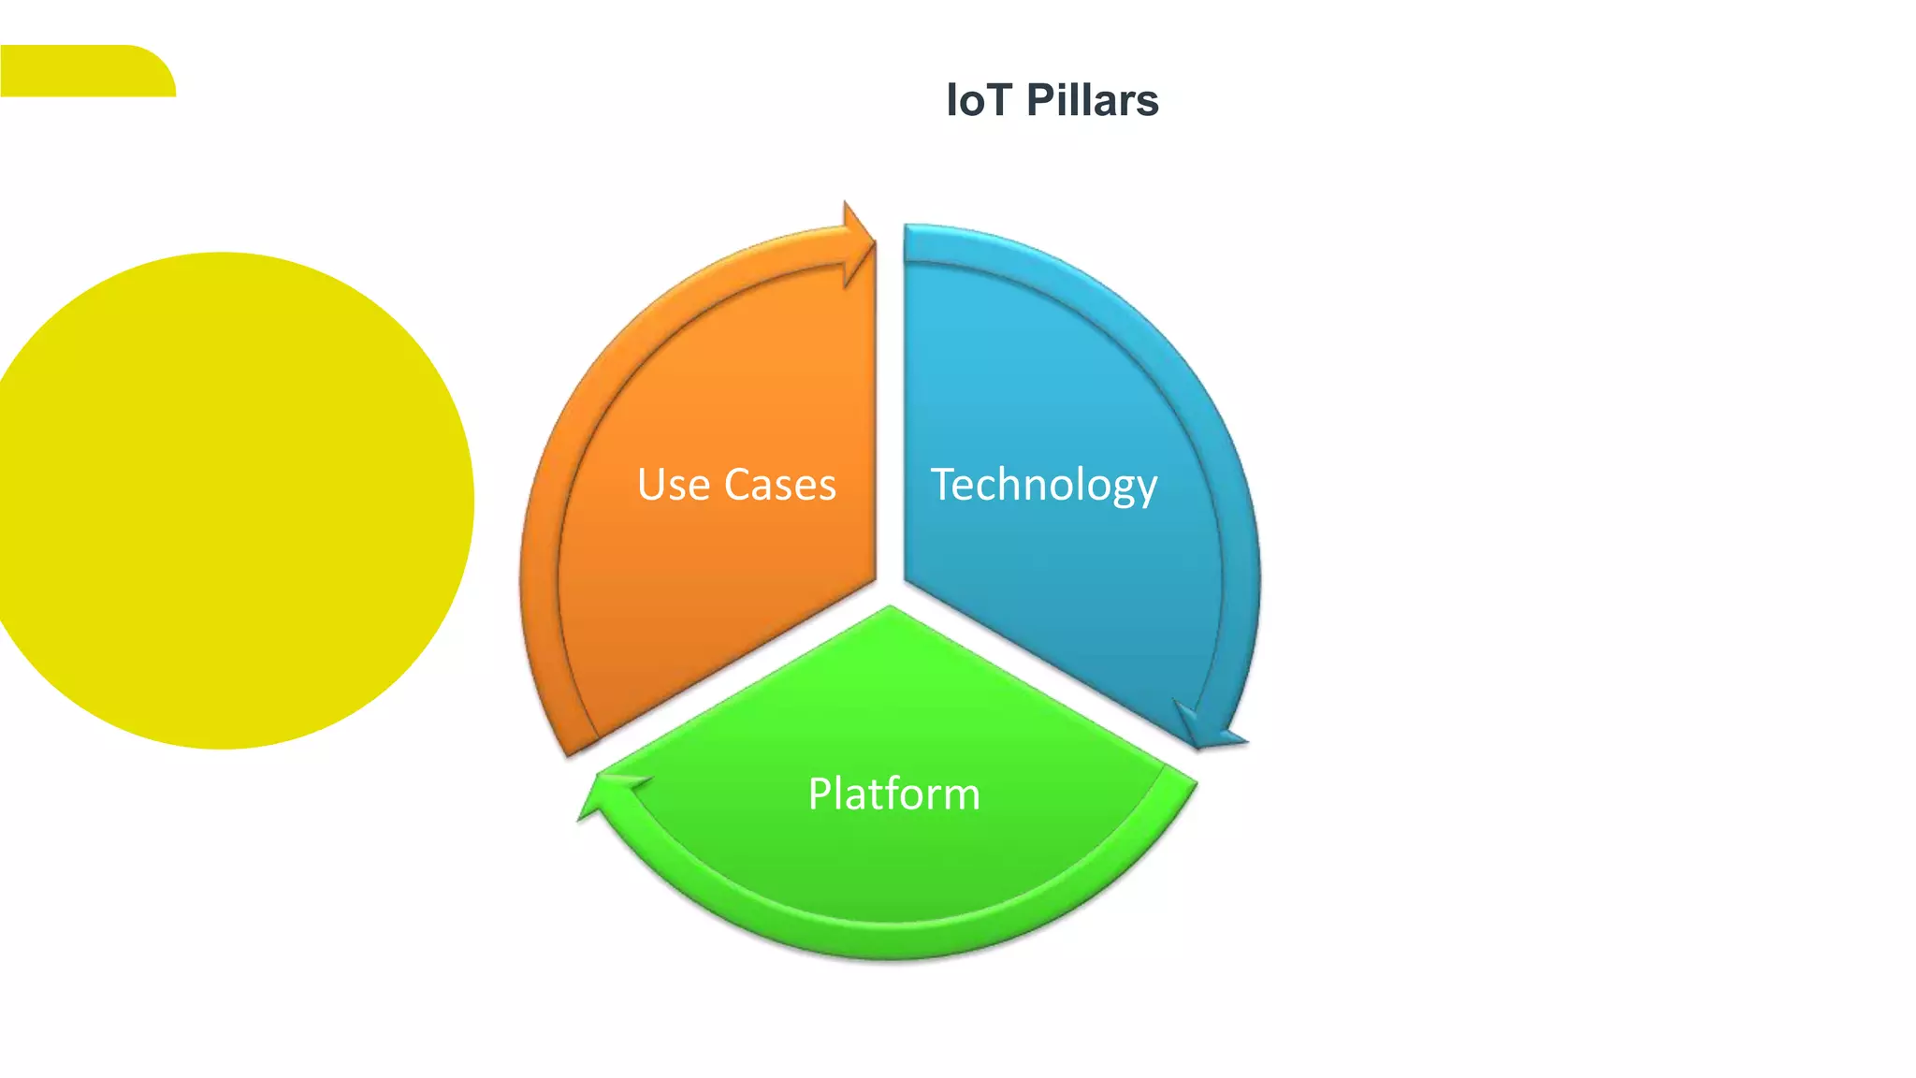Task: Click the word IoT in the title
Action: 980,100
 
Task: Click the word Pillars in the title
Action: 1092,100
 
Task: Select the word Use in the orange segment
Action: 673,485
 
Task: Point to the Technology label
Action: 1044,485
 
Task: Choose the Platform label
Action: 893,794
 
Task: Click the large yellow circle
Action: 225,501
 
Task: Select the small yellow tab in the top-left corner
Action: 84,71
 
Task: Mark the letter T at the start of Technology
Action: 945,484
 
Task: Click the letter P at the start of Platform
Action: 820,794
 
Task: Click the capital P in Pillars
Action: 1041,100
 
